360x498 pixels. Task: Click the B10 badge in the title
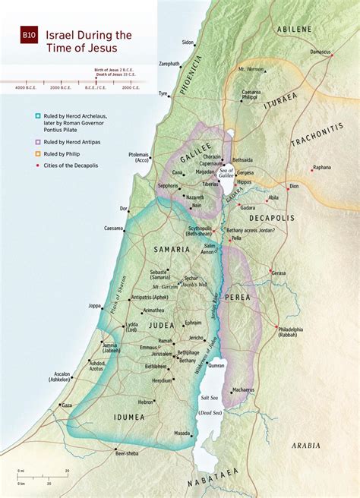tap(28, 36)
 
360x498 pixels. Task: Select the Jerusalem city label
tap(161, 354)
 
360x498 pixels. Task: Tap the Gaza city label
tap(67, 406)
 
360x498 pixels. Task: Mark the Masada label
tap(181, 433)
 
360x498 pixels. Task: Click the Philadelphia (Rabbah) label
tap(290, 332)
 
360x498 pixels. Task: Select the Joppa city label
tap(95, 306)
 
